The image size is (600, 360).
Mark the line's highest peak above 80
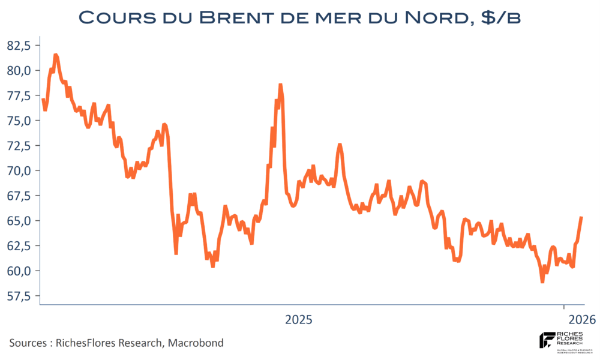coord(55,55)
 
